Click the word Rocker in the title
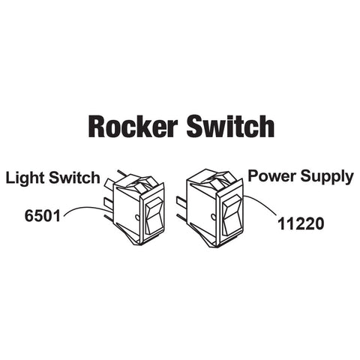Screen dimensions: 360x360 tap(133, 127)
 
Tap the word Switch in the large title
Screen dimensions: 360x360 tap(230, 126)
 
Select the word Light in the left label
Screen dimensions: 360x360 tap(25, 178)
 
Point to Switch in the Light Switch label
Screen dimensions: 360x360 tap(74, 178)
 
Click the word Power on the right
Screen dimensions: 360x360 tap(272, 175)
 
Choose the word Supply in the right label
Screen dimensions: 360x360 tap(327, 177)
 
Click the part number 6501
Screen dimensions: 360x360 tap(43, 216)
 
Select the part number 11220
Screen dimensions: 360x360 tap(301, 223)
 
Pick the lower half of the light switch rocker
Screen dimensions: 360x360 tap(154, 224)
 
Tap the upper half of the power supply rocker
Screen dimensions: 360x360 tap(232, 207)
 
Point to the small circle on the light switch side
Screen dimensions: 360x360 tap(137, 217)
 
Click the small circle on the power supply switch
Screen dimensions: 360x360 tap(213, 216)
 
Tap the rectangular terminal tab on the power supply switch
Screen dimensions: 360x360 tap(181, 202)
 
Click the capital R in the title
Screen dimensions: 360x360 tap(97, 127)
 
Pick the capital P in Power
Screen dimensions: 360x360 tap(253, 175)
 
